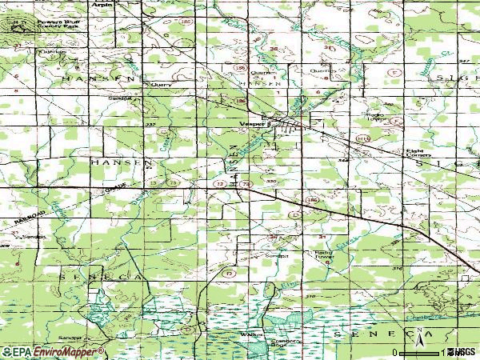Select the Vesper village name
pyautogui.click(x=253, y=124)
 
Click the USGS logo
pyautogui.click(x=461, y=352)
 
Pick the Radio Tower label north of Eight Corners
pyautogui.click(x=376, y=117)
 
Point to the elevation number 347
pyautogui.click(x=343, y=160)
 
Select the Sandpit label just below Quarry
pyautogui.click(x=120, y=98)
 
